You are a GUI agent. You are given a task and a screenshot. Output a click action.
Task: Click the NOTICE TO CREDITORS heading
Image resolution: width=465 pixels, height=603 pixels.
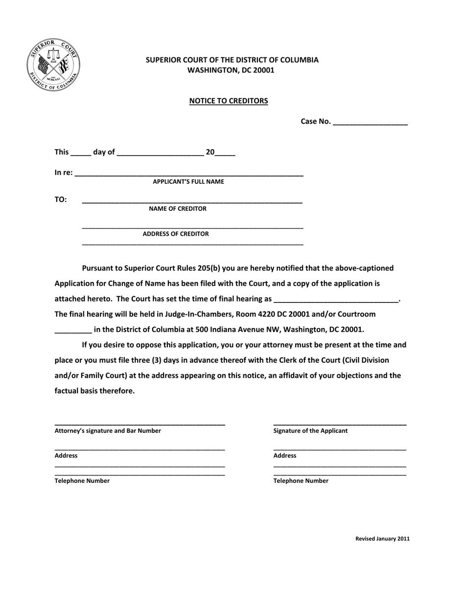[229, 101]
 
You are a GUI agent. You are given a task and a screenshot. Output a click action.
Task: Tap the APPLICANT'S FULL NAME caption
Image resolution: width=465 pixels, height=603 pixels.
[188, 182]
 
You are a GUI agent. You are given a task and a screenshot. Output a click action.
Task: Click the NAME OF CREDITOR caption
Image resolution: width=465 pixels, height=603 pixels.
[178, 209]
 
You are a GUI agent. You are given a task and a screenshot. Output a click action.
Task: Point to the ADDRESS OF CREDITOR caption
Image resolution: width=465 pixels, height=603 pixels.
[176, 234]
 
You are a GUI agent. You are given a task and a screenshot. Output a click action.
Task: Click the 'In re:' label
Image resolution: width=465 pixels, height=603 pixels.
[64, 173]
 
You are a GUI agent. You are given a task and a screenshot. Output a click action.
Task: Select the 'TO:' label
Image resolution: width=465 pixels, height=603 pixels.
[61, 200]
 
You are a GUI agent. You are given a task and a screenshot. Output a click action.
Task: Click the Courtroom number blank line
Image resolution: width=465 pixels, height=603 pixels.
[73, 330]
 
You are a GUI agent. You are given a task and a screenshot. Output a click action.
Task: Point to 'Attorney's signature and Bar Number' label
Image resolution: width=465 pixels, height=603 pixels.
[108, 431]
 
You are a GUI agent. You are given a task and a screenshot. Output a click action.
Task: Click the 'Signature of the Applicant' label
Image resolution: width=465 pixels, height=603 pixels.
[310, 431]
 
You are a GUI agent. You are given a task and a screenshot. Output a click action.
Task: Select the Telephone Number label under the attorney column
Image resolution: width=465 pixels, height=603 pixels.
[82, 481]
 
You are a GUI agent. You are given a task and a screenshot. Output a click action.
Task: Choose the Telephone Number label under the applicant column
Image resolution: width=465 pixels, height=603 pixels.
[301, 481]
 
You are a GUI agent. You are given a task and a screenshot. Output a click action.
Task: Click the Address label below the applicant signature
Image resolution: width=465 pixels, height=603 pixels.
[285, 455]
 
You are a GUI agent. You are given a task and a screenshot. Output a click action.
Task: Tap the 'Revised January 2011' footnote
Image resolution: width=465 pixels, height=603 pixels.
[382, 539]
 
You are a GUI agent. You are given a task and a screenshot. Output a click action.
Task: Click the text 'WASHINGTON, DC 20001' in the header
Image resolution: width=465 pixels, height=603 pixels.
[231, 70]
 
